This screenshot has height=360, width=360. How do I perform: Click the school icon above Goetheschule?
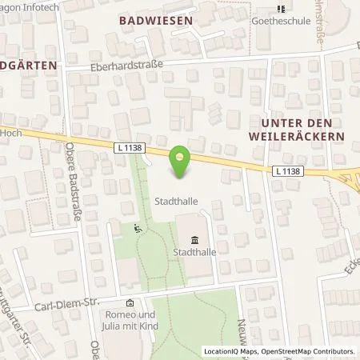pos(280,10)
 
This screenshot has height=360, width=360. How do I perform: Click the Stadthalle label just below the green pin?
pos(177,202)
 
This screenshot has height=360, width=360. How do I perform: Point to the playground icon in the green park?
pos(138,229)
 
